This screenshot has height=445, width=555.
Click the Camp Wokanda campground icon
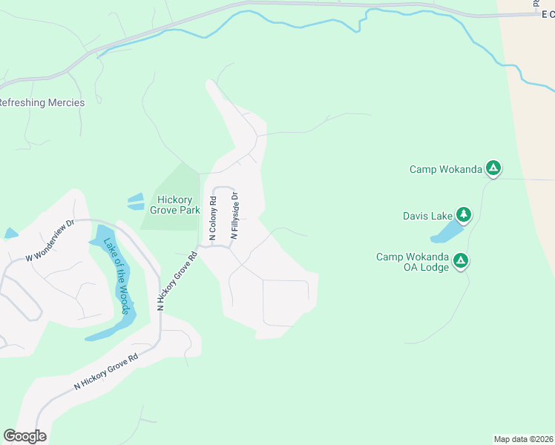pyautogui.click(x=493, y=168)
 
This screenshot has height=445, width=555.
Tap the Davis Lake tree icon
pyautogui.click(x=464, y=215)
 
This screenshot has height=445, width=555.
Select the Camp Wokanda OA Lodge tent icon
pyautogui.click(x=461, y=260)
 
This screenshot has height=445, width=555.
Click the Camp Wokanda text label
pyautogui.click(x=445, y=169)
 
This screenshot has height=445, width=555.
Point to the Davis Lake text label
pyautogui.click(x=427, y=216)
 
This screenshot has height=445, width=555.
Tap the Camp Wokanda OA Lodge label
pyautogui.click(x=413, y=262)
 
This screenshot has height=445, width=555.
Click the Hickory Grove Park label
pyautogui.click(x=175, y=205)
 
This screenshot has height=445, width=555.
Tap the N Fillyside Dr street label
pyautogui.click(x=234, y=215)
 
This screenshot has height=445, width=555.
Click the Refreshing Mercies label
pyautogui.click(x=42, y=102)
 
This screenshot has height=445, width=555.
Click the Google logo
pyautogui.click(x=24, y=436)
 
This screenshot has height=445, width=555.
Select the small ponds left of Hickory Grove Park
pyautogui.click(x=135, y=202)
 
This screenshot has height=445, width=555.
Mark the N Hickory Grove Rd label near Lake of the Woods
pyautogui.click(x=177, y=281)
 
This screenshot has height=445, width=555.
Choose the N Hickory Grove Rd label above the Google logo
pyautogui.click(x=106, y=372)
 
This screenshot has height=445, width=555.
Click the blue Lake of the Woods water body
pyautogui.click(x=111, y=326)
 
